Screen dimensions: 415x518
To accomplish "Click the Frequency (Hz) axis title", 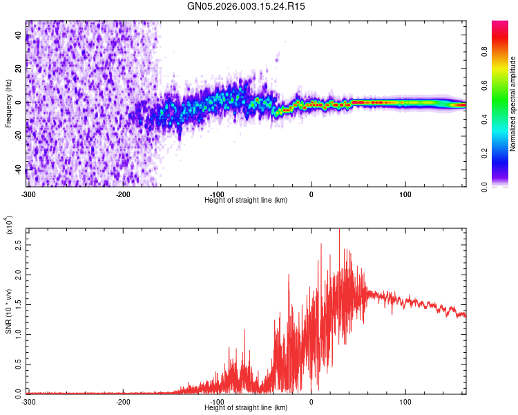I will tap(8, 103).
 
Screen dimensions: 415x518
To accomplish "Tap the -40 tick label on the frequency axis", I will tap(19, 170).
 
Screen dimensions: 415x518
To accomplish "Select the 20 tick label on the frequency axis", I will tap(19, 69).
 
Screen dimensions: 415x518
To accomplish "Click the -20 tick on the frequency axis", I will tap(19, 136).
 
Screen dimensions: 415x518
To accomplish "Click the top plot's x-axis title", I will tap(246, 200).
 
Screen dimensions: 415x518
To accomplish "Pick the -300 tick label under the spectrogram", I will tap(28, 194).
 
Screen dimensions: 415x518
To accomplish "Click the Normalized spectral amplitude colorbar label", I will tap(513, 104).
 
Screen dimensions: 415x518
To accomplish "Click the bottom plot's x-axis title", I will tap(246, 407).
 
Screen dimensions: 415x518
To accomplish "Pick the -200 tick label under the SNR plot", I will tap(123, 401).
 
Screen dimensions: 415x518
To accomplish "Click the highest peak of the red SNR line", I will tap(339, 231).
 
